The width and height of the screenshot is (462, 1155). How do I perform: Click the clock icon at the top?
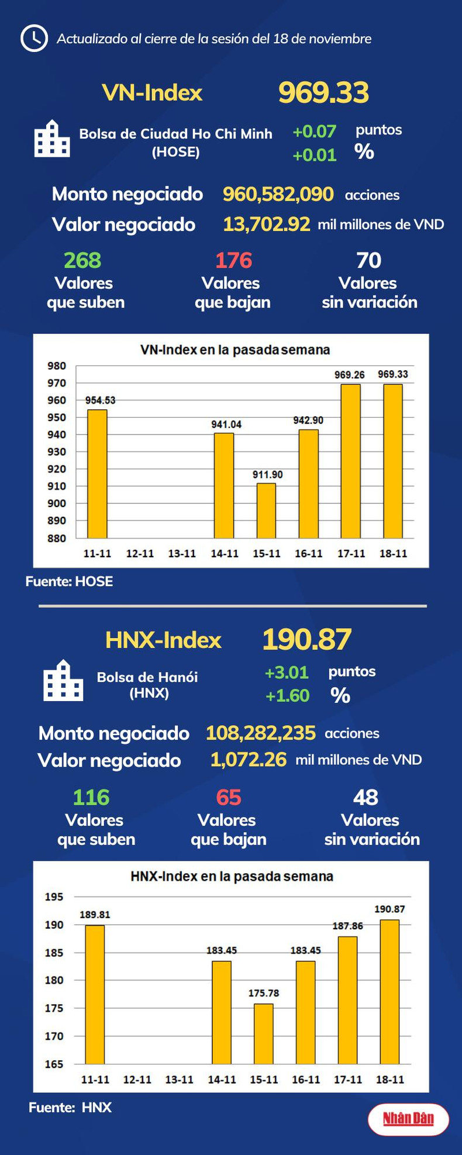34,39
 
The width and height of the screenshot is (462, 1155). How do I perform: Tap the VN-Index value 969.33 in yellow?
323,92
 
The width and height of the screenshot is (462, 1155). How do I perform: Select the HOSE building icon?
52,139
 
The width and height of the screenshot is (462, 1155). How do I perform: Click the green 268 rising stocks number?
82,260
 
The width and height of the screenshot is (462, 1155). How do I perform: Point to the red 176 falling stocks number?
233,260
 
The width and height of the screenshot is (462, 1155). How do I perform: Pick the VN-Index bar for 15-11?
267,511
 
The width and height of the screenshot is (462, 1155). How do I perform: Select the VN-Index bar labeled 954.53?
98,474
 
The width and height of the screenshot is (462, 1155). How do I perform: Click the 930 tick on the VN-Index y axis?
57,452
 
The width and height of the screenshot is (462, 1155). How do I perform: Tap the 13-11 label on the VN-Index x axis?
182,553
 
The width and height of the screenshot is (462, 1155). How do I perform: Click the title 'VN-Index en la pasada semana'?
235,350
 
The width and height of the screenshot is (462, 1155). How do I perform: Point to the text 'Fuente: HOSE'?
69,581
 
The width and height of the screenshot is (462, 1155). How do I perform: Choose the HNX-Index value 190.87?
306,639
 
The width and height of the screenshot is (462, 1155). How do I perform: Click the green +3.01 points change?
287,673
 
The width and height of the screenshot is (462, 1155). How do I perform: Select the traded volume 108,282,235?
260,733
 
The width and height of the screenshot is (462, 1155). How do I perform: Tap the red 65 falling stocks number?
228,797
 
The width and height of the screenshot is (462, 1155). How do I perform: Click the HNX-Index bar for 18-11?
390,992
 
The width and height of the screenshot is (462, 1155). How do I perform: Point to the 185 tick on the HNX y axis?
54,953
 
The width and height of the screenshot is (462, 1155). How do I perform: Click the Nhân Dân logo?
408,1119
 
